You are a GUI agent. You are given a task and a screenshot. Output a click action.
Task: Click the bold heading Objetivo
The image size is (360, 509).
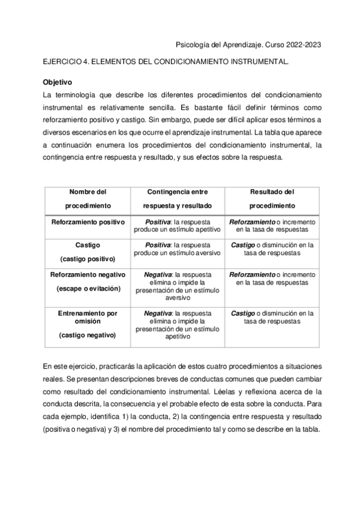[58, 81]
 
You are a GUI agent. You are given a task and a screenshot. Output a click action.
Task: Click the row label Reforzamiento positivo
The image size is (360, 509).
[88, 222]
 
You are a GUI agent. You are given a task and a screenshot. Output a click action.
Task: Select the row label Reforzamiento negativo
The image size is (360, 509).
[88, 274]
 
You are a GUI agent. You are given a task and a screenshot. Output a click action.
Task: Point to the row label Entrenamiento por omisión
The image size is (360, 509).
[88, 317]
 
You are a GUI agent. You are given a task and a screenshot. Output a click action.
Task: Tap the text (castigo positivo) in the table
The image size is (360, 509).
[88, 259]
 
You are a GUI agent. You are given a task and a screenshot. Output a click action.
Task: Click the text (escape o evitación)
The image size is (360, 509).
[88, 288]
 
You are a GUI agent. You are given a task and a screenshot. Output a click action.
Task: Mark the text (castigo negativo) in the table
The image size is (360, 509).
[88, 335]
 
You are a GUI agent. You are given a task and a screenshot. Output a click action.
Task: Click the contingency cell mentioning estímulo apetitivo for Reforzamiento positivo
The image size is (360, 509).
[178, 226]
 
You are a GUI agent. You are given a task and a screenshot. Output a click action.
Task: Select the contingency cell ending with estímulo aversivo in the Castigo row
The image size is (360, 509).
[178, 249]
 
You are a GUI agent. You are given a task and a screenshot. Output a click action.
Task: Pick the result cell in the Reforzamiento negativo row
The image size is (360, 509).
[272, 278]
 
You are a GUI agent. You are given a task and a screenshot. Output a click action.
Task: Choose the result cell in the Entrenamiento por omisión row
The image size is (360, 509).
[272, 317]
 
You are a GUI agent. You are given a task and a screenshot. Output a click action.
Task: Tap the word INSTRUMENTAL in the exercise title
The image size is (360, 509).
[260, 62]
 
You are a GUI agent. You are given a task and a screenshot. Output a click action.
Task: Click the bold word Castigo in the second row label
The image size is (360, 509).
[88, 245]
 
